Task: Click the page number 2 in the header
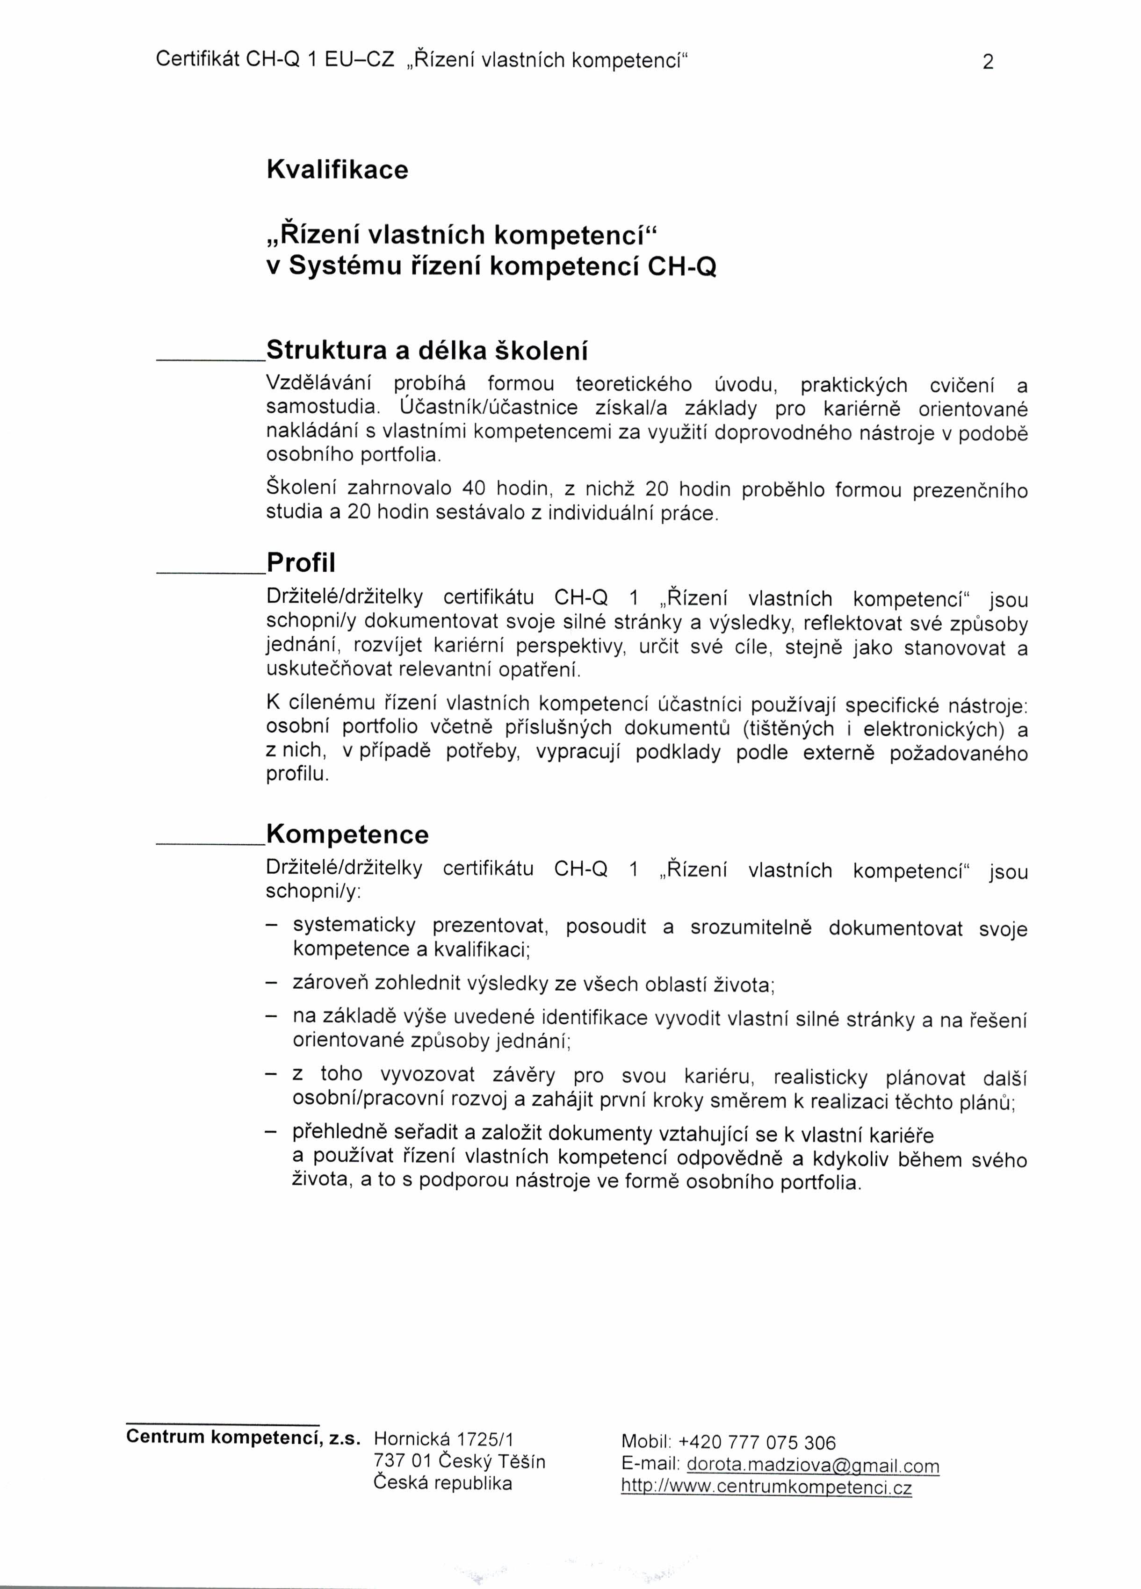pos(988,62)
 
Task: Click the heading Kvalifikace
pos(337,170)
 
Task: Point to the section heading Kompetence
pos(347,834)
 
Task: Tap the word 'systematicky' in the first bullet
pos(354,926)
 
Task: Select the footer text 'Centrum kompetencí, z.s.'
pos(243,1438)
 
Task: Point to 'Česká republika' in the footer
pos(442,1483)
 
